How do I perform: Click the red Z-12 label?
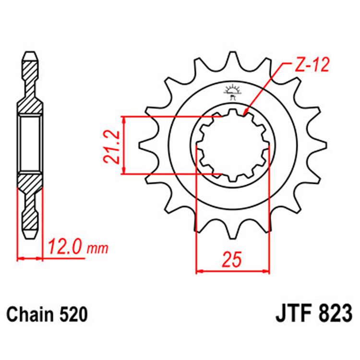(x=311, y=66)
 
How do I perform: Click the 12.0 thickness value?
(x=66, y=248)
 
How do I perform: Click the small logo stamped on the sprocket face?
(x=233, y=92)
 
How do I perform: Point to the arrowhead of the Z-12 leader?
(x=246, y=114)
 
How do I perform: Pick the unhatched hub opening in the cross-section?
(x=30, y=144)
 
